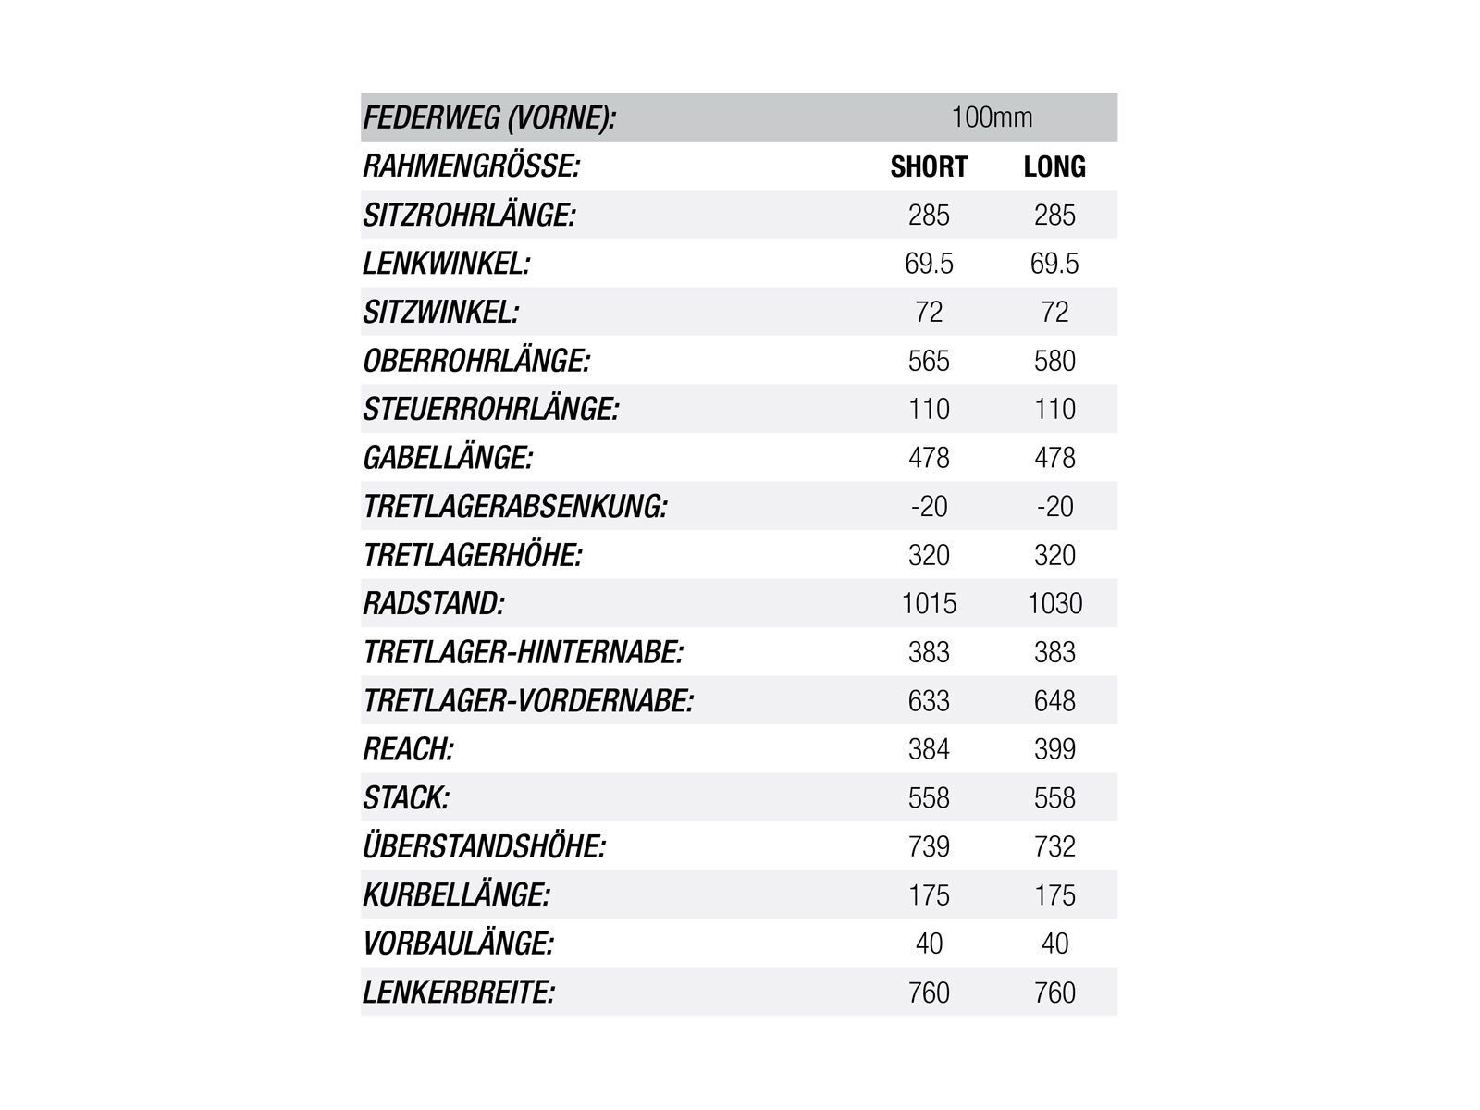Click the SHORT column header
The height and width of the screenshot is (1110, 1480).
click(x=929, y=166)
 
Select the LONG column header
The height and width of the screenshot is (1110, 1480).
click(x=1054, y=166)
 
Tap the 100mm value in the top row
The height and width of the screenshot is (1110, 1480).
click(x=992, y=117)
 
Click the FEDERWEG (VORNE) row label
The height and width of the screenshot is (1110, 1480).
click(x=489, y=118)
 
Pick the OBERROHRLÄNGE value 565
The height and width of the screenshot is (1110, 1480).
click(x=929, y=361)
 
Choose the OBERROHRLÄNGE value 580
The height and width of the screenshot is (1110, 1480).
click(x=1054, y=361)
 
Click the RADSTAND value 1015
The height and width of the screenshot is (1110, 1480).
click(x=929, y=603)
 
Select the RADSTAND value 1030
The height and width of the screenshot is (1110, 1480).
click(x=1054, y=603)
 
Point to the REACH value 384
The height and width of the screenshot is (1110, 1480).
click(x=929, y=749)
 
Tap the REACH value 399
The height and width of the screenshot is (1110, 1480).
click(x=1054, y=749)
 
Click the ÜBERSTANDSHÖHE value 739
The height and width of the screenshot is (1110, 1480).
click(x=929, y=846)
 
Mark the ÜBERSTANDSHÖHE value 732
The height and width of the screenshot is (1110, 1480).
click(x=1054, y=846)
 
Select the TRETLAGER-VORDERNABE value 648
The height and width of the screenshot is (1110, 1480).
click(x=1054, y=700)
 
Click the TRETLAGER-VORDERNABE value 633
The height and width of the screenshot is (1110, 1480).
click(x=929, y=700)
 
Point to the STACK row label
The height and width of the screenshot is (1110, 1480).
click(x=406, y=797)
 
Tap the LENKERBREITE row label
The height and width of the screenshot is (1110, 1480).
click(x=459, y=993)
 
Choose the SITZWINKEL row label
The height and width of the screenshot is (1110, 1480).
click(x=440, y=313)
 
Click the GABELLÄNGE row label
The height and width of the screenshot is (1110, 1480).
click(x=448, y=458)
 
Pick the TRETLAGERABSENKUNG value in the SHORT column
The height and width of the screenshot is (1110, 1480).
click(x=929, y=506)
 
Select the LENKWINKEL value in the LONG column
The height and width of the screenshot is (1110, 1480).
click(x=1054, y=264)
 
